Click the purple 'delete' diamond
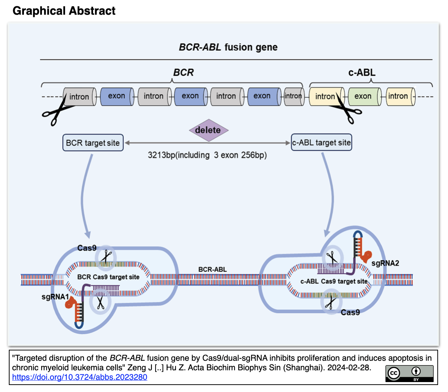[209, 130]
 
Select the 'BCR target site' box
[93, 143]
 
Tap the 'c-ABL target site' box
[321, 143]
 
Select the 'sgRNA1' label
[55, 296]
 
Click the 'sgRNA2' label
[385, 263]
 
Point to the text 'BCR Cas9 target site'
[108, 277]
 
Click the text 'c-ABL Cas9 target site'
[334, 281]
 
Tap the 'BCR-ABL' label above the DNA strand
[213, 270]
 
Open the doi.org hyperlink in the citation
[79, 377]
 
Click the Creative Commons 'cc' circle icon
[394, 373]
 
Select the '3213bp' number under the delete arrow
[161, 155]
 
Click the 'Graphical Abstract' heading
[64, 11]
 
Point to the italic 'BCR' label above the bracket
[183, 72]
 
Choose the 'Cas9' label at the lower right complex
[350, 313]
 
